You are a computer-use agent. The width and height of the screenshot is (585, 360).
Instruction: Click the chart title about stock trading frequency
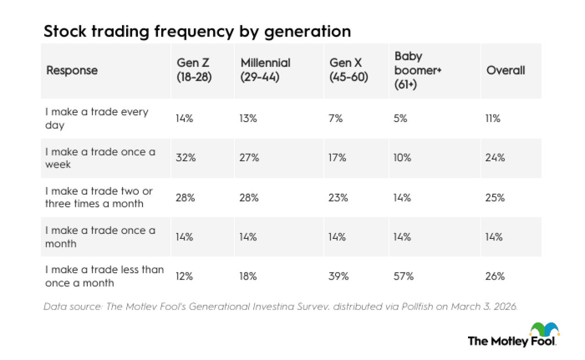[x=197, y=31]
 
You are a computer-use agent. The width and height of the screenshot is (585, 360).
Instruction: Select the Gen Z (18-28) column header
[x=194, y=70]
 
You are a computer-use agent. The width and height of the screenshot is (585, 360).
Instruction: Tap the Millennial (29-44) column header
[x=266, y=70]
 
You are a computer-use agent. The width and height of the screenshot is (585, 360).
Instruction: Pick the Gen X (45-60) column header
[x=349, y=70]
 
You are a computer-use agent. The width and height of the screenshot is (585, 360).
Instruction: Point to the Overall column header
[x=505, y=70]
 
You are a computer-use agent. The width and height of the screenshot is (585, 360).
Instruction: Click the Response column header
[x=72, y=70]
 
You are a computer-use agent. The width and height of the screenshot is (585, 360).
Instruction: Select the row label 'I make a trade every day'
[x=97, y=118]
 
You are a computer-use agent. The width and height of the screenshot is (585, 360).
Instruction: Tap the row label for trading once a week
[x=100, y=158]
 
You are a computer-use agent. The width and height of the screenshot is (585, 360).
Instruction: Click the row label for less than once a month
[x=104, y=276]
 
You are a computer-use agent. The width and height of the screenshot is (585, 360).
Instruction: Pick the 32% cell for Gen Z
[x=186, y=158]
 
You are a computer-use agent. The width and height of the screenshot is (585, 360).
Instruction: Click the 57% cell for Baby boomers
[x=404, y=276]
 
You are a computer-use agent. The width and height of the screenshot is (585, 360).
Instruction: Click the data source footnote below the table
[x=281, y=307]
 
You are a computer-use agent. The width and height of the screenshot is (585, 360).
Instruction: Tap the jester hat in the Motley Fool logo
[x=544, y=329]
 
